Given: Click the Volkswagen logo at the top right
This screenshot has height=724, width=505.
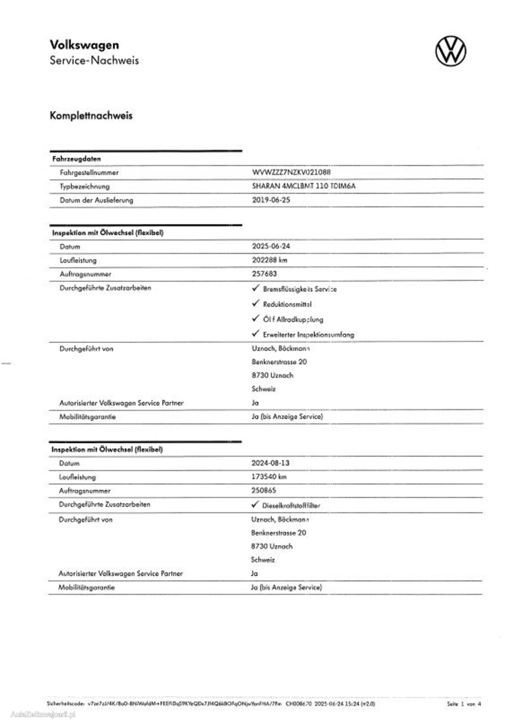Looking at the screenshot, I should pyautogui.click(x=451, y=51).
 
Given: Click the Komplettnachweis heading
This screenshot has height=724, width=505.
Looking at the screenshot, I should pyautogui.click(x=91, y=116).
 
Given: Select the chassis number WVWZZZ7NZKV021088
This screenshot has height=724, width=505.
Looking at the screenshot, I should pyautogui.click(x=291, y=172).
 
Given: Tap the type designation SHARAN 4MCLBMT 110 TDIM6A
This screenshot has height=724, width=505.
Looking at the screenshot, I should pyautogui.click(x=304, y=186).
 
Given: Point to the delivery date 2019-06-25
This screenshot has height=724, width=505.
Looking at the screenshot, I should pyautogui.click(x=271, y=200).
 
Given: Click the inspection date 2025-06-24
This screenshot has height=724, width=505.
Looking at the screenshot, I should pyautogui.click(x=271, y=246).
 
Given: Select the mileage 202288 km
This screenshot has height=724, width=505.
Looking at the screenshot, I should pyautogui.click(x=269, y=260).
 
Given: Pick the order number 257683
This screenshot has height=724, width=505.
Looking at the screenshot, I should pyautogui.click(x=264, y=274).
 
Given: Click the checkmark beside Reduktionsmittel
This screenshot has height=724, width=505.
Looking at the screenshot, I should pyautogui.click(x=255, y=303).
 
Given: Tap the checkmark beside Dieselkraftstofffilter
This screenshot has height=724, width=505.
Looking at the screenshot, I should pyautogui.click(x=255, y=505).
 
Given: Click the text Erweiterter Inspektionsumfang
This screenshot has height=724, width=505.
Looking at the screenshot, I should pyautogui.click(x=308, y=335).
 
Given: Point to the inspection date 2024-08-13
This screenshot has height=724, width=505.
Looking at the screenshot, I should pyautogui.click(x=270, y=463).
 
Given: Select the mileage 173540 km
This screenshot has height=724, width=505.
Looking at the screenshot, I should pyautogui.click(x=269, y=477).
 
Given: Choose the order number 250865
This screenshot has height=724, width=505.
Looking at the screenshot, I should pyautogui.click(x=264, y=490).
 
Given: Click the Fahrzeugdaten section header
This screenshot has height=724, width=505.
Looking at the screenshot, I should pyautogui.click(x=77, y=159).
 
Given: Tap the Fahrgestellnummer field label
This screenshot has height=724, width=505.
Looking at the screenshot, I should pyautogui.click(x=89, y=172).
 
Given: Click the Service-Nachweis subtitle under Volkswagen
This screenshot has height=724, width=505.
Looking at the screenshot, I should pyautogui.click(x=94, y=60).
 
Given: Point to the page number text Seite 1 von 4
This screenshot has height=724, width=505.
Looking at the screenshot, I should pyautogui.click(x=464, y=704).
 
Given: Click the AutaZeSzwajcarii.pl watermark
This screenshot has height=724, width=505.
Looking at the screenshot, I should pyautogui.click(x=43, y=714).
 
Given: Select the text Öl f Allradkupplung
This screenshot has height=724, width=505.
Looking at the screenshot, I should pyautogui.click(x=293, y=319).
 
